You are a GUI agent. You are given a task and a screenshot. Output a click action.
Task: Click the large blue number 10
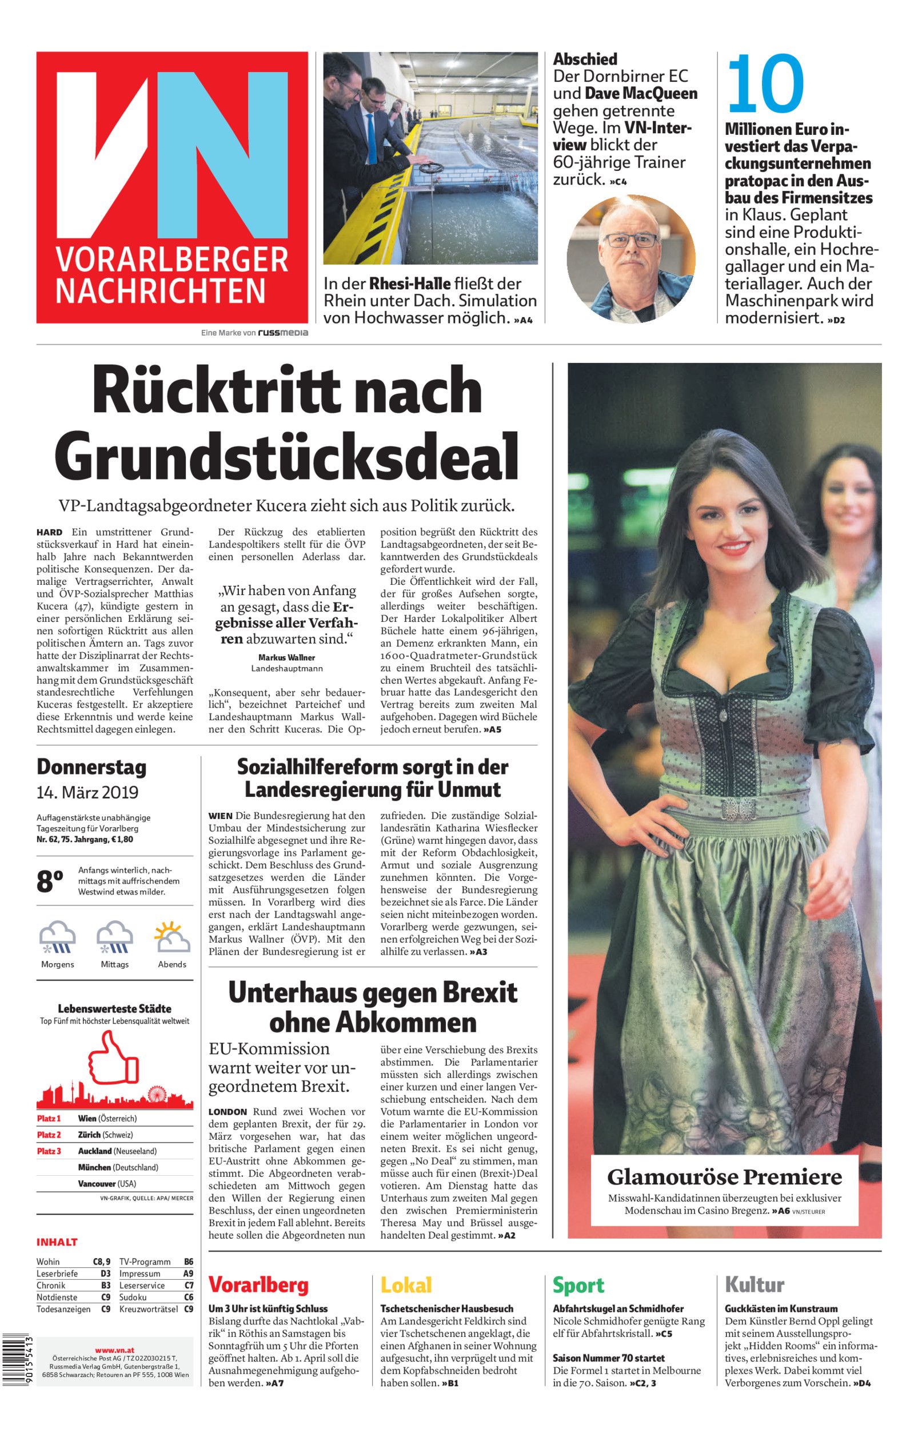click(765, 84)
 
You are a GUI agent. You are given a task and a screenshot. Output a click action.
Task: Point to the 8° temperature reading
click(50, 881)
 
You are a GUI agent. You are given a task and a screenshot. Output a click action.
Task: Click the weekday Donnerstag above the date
click(91, 767)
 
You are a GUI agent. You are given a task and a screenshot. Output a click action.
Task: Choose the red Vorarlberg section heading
click(258, 1285)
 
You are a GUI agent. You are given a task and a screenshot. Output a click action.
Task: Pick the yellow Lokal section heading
click(406, 1285)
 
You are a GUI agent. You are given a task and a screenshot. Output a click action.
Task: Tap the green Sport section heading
click(578, 1285)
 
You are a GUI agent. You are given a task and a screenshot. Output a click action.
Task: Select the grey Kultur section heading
click(755, 1285)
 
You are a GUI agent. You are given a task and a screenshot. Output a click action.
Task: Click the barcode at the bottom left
click(17, 1365)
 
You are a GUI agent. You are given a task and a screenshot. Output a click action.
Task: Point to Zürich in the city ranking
click(89, 1135)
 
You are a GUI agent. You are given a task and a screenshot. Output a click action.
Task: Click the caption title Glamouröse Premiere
click(724, 1176)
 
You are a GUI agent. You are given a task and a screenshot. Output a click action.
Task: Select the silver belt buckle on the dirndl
click(739, 807)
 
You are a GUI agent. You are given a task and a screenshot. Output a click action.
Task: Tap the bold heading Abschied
click(585, 59)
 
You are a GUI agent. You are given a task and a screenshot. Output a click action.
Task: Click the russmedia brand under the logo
click(282, 333)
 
